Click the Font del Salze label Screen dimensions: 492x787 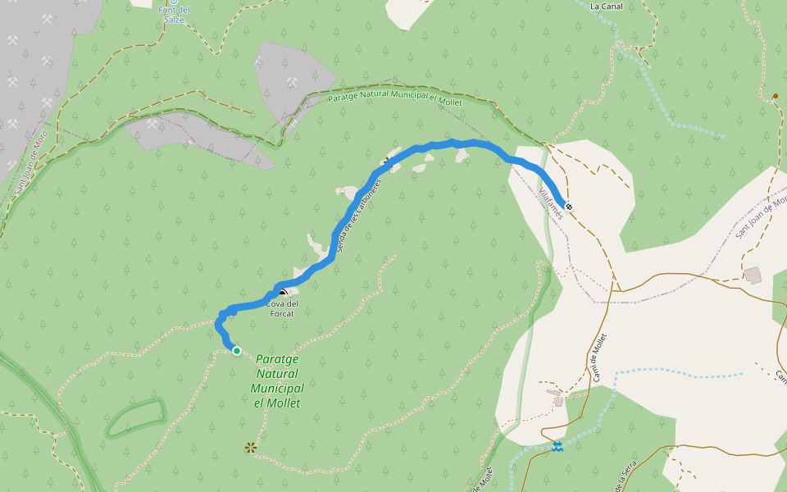click(173, 14)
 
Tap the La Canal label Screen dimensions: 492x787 click(607, 7)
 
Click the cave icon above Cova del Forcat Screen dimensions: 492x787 click(283, 292)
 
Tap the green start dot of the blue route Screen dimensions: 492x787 click(237, 351)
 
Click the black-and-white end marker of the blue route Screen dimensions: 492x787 click(569, 207)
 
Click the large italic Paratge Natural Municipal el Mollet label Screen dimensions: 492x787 click(277, 380)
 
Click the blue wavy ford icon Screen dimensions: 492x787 click(557, 446)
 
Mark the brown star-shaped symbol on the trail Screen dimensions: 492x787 click(251, 448)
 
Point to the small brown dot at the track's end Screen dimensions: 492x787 click(775, 96)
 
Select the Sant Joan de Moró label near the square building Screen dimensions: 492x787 click(762, 216)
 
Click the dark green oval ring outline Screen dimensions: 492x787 click(135, 418)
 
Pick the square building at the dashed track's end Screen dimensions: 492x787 click(753, 275)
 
